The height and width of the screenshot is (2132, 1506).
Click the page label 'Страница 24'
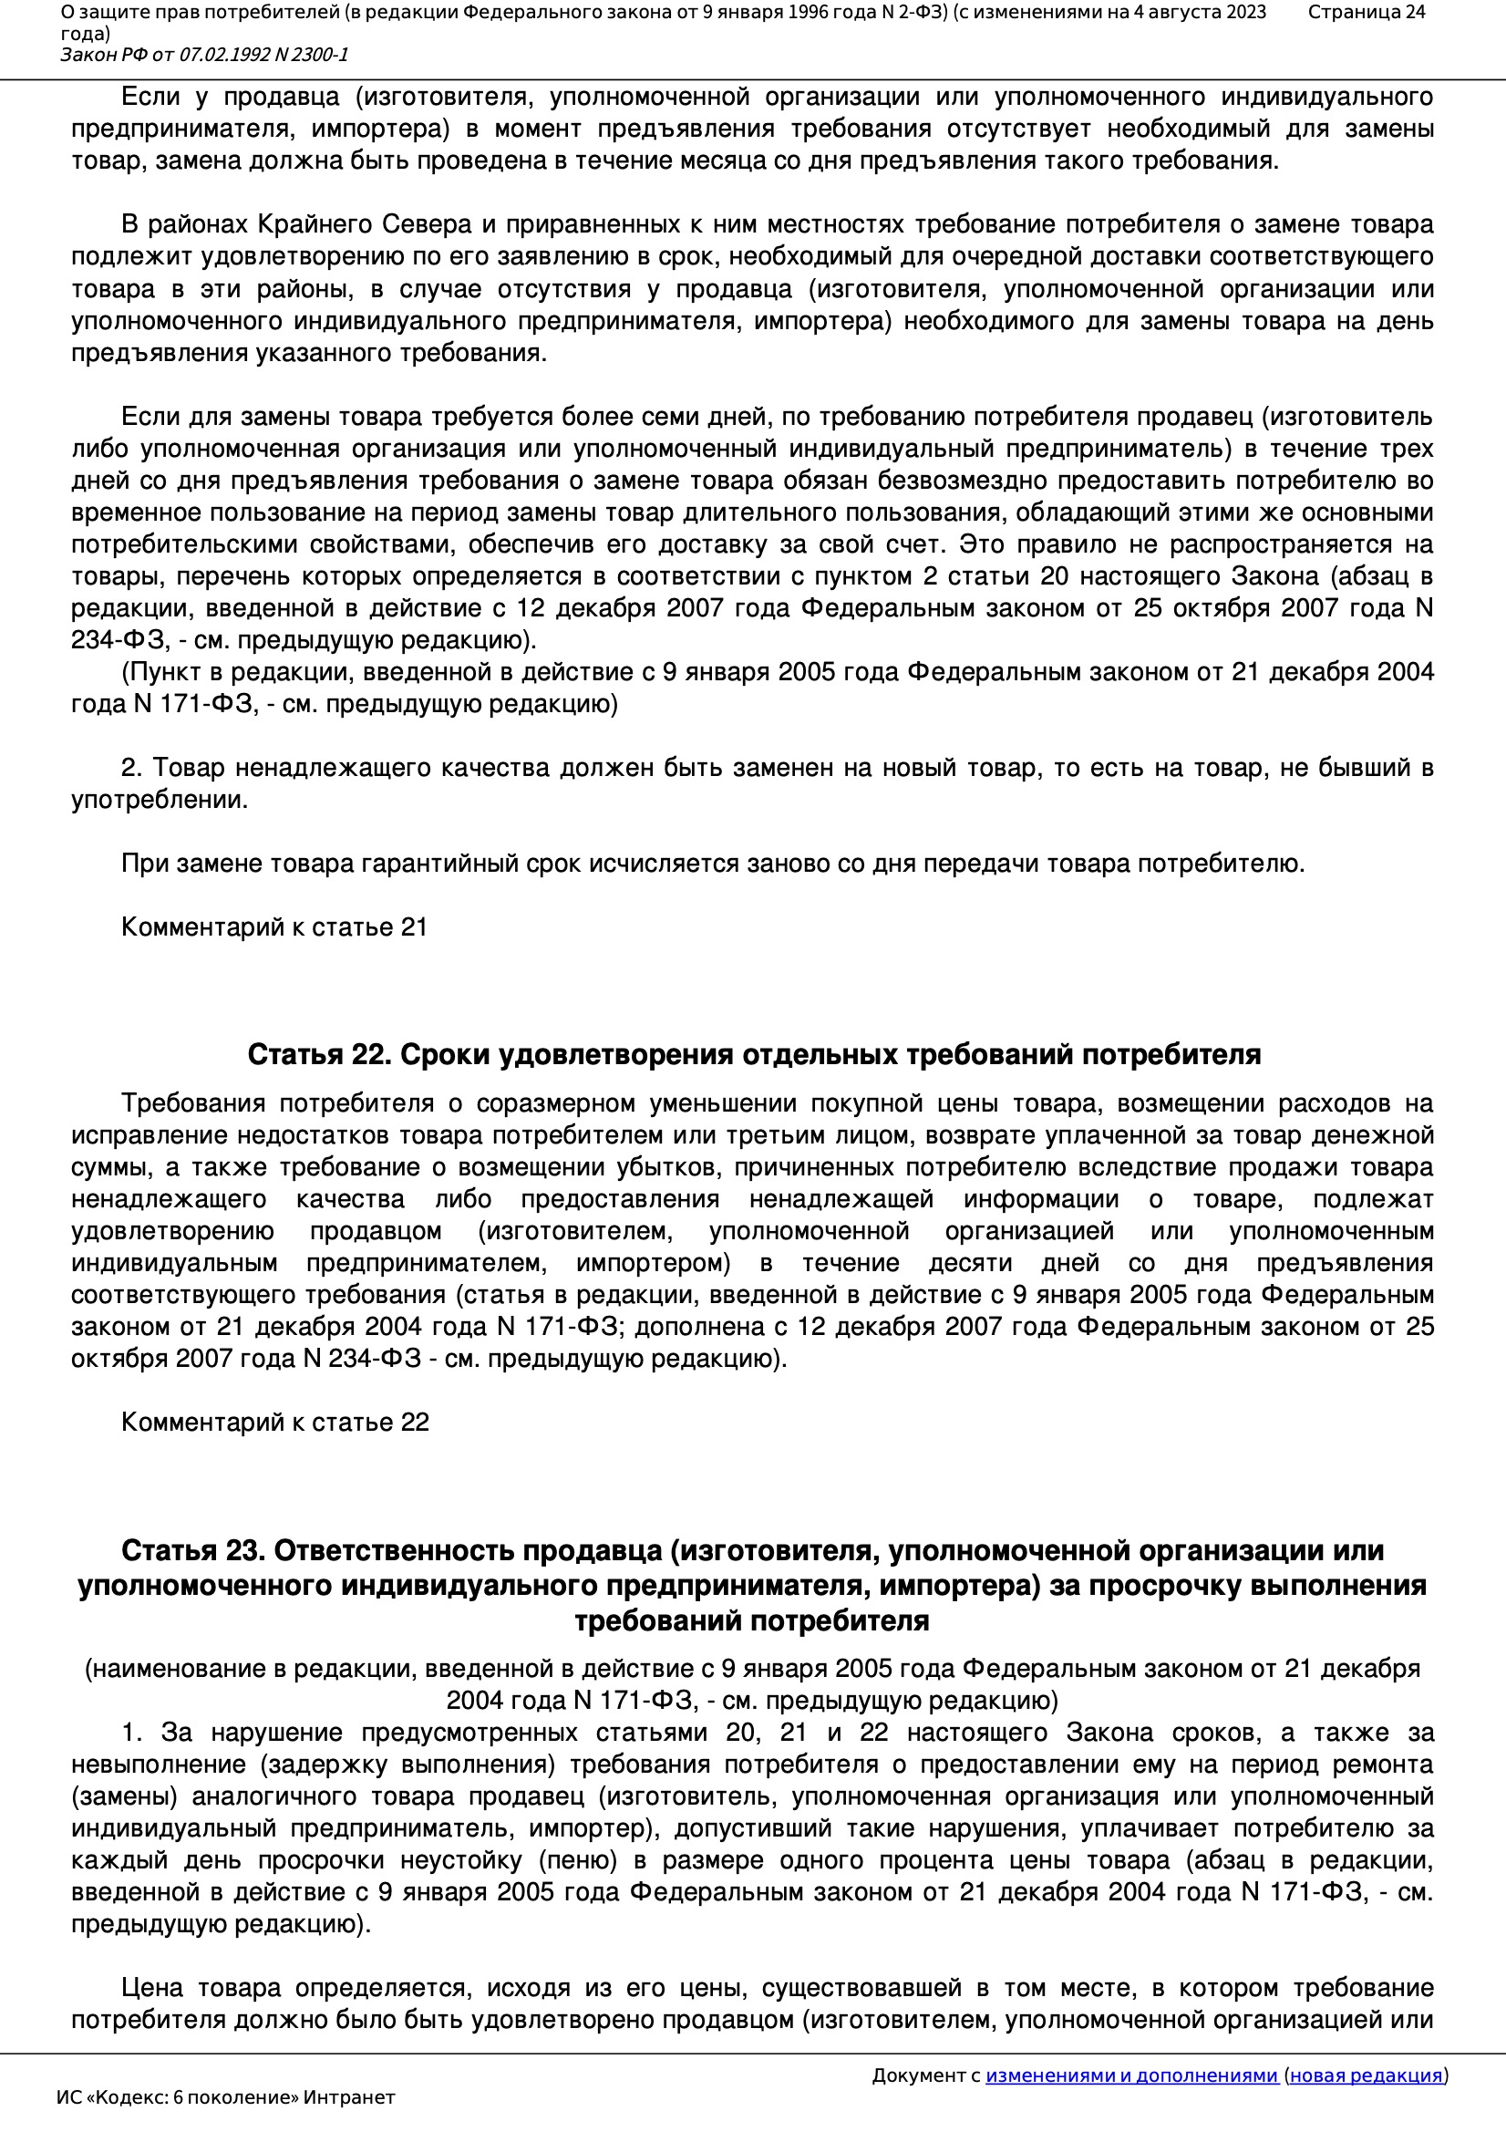point(1366,12)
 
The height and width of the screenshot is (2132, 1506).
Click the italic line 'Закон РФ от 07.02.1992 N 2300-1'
point(204,55)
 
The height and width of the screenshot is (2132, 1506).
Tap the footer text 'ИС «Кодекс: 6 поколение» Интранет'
point(225,2097)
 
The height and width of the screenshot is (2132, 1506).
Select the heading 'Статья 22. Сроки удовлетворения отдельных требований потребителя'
point(753,1055)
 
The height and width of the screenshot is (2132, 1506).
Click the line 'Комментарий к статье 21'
point(273,926)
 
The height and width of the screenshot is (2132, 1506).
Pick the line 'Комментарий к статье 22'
point(274,1422)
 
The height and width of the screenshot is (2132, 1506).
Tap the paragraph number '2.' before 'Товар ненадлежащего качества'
point(132,768)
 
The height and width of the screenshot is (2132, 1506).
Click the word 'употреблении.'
point(160,800)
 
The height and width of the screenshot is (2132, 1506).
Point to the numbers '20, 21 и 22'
point(807,1733)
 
